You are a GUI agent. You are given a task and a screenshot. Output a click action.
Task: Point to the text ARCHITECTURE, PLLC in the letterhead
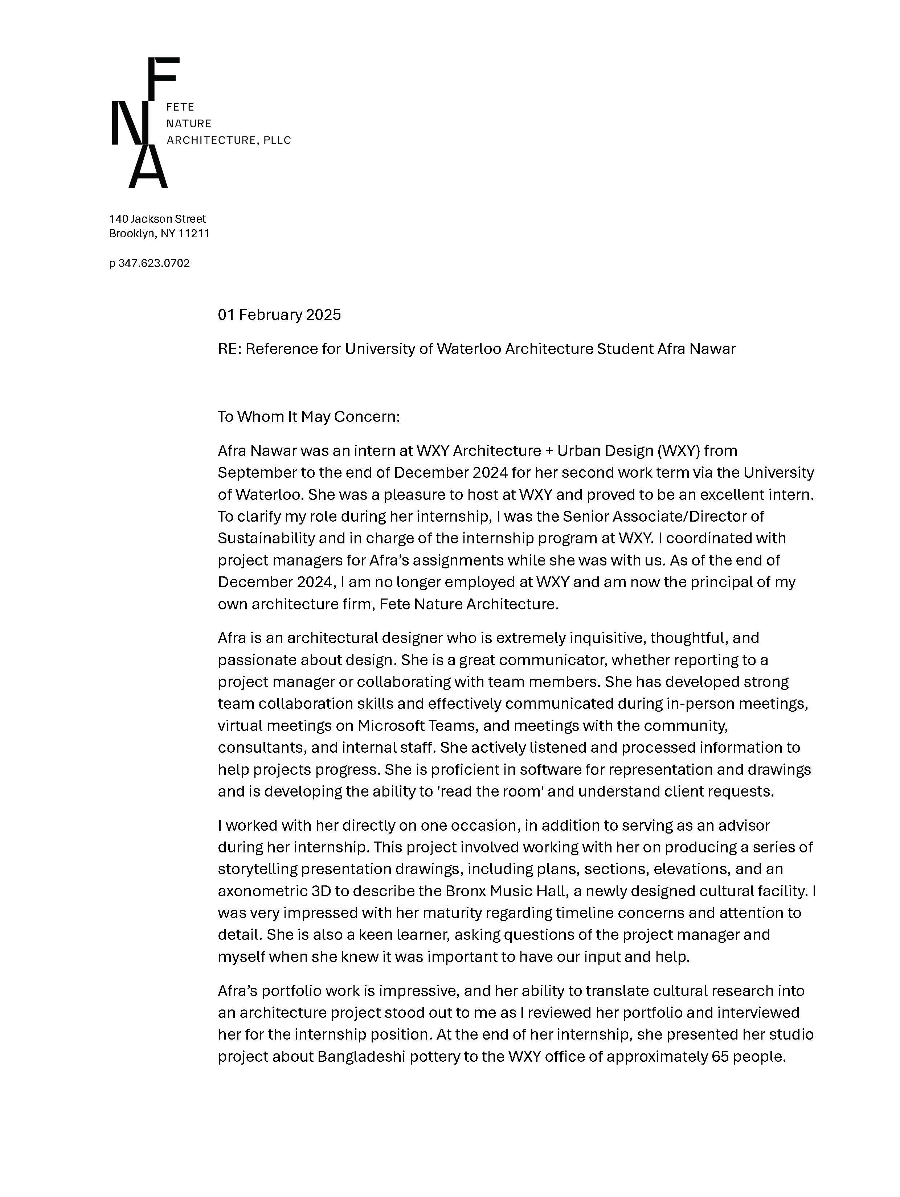[x=229, y=140]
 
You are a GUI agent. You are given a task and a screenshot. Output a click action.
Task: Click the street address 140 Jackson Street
[x=157, y=219]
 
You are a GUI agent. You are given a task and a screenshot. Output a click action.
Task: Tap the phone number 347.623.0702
[x=154, y=263]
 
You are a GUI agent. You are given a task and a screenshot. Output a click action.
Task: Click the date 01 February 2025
[x=279, y=314]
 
